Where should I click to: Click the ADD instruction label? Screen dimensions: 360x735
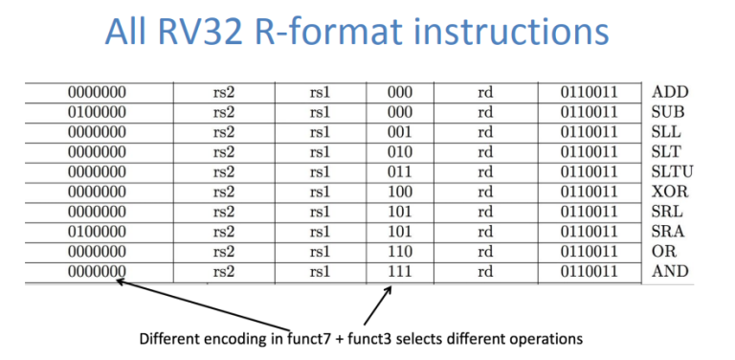(670, 93)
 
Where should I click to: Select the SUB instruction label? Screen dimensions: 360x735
(668, 113)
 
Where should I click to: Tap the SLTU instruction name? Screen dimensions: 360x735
(674, 172)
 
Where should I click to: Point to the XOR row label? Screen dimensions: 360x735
(669, 192)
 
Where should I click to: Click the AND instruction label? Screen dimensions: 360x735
(670, 272)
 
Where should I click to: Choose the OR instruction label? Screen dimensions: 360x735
(663, 252)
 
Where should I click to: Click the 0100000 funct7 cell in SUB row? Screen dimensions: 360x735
(98, 113)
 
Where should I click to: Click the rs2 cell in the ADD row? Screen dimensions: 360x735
(224, 93)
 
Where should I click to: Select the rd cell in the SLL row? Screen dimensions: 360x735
(485, 133)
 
